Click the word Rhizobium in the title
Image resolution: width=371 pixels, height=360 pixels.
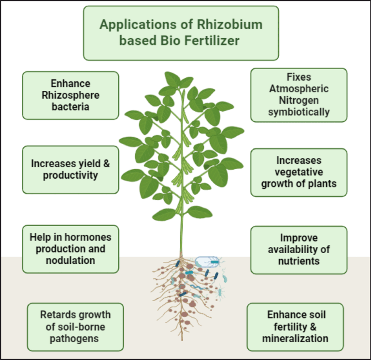click(230, 25)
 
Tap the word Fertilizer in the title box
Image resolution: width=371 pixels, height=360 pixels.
click(212, 40)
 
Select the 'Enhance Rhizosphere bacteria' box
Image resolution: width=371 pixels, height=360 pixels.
click(71, 95)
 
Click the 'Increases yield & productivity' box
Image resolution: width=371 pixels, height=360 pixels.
click(71, 170)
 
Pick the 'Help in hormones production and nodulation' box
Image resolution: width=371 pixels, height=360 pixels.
click(71, 249)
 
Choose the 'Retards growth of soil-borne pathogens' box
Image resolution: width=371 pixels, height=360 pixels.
click(75, 327)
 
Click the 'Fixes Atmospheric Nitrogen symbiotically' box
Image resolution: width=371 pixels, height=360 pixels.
click(299, 95)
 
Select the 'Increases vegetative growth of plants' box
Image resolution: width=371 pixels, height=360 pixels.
click(299, 173)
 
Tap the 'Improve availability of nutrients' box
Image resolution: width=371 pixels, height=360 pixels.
click(299, 250)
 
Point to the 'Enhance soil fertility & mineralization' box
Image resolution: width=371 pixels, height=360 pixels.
click(295, 327)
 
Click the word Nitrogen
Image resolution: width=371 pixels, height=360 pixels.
click(299, 101)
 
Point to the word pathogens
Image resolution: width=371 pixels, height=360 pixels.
click(74, 339)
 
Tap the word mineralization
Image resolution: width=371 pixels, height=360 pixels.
click(295, 338)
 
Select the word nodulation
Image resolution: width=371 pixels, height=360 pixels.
click(71, 260)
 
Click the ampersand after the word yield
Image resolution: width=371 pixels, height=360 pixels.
click(107, 163)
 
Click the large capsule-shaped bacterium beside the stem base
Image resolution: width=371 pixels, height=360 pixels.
click(207, 262)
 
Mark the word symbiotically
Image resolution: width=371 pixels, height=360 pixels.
click(299, 112)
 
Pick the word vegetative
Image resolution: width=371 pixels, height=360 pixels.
click(299, 173)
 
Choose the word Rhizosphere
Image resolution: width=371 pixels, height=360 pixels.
click(71, 96)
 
